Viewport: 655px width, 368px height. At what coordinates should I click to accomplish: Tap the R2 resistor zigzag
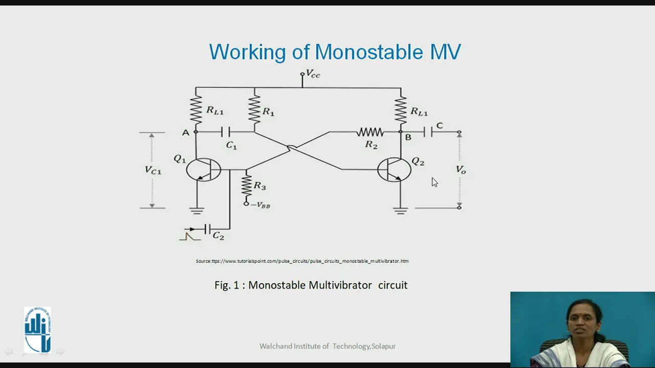click(370, 132)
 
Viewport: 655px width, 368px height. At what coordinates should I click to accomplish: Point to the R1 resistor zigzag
click(254, 109)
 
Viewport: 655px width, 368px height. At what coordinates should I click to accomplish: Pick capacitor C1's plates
click(226, 132)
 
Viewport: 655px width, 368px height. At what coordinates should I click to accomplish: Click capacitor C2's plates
click(208, 229)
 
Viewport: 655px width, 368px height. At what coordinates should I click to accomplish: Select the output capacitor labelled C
click(428, 132)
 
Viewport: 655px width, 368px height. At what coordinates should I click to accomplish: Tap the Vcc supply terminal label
click(313, 74)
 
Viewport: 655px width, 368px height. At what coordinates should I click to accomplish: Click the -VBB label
click(260, 205)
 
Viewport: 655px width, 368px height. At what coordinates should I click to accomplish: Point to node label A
click(186, 133)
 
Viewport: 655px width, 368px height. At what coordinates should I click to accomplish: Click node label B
click(408, 137)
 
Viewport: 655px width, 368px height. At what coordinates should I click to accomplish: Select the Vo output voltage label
click(461, 170)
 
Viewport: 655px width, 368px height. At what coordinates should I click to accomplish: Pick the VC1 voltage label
click(153, 170)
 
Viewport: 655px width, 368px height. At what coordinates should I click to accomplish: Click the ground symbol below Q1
click(197, 211)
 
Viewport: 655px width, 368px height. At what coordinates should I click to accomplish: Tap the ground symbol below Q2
click(401, 211)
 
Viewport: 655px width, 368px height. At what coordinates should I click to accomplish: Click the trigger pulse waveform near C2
click(190, 236)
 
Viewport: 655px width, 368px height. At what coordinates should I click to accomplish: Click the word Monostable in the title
click(368, 52)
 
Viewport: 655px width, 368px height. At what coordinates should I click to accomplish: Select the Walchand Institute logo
click(38, 330)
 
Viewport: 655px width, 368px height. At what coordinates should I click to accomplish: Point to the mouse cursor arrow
click(434, 182)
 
